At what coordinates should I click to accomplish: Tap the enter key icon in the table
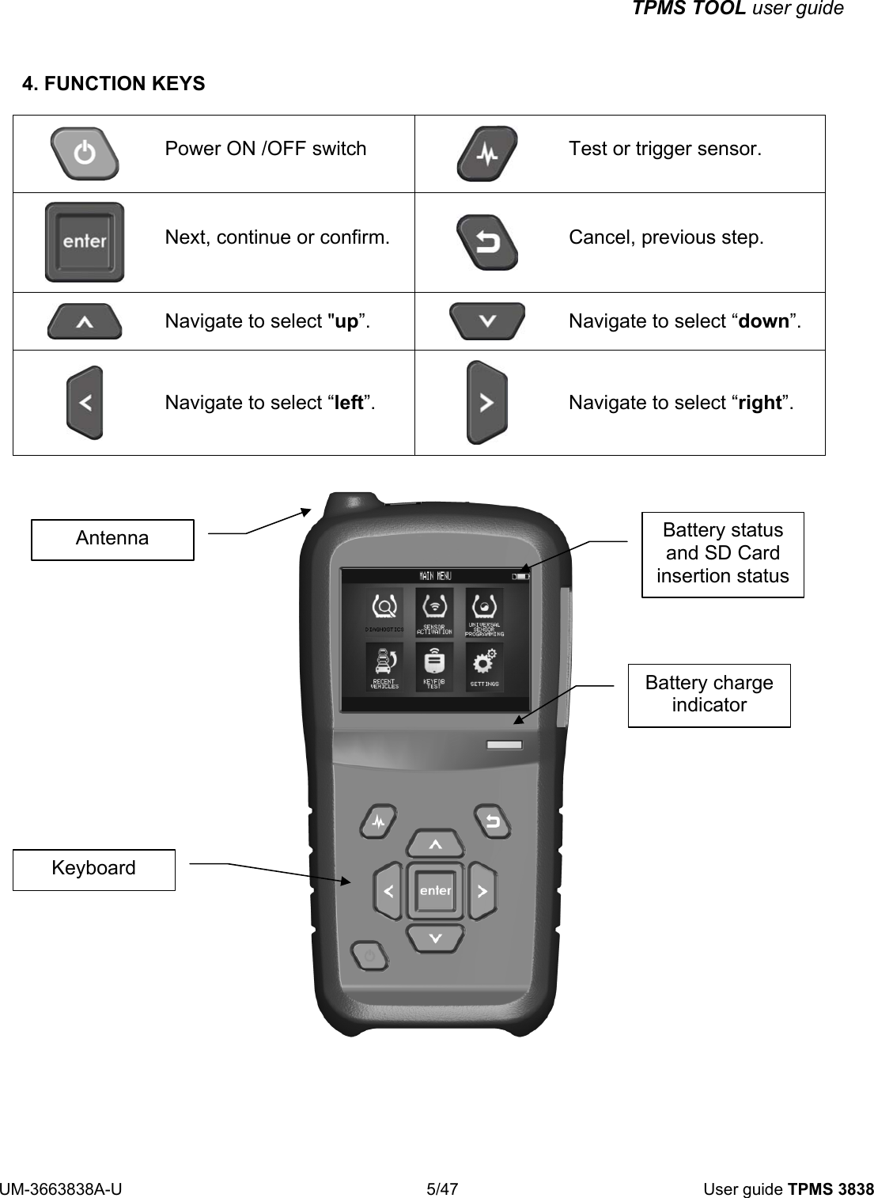[x=85, y=242]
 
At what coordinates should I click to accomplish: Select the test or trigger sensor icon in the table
[x=487, y=154]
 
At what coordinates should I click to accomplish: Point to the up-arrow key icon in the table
[x=85, y=321]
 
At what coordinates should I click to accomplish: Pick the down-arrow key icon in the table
[x=486, y=321]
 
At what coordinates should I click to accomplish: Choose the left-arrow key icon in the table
[x=85, y=402]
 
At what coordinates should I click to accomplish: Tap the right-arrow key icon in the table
[x=486, y=402]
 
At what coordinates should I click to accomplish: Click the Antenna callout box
[x=112, y=539]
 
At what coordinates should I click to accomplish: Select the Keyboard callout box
[x=93, y=869]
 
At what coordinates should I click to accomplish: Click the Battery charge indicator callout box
[x=709, y=695]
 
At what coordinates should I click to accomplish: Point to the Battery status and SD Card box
[x=722, y=553]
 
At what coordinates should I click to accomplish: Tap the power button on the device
[x=369, y=957]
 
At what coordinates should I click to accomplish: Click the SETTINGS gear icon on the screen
[x=485, y=664]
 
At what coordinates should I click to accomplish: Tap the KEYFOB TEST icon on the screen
[x=434, y=665]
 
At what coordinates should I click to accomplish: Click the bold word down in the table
[x=763, y=321]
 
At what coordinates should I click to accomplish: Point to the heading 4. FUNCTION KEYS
[x=114, y=84]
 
